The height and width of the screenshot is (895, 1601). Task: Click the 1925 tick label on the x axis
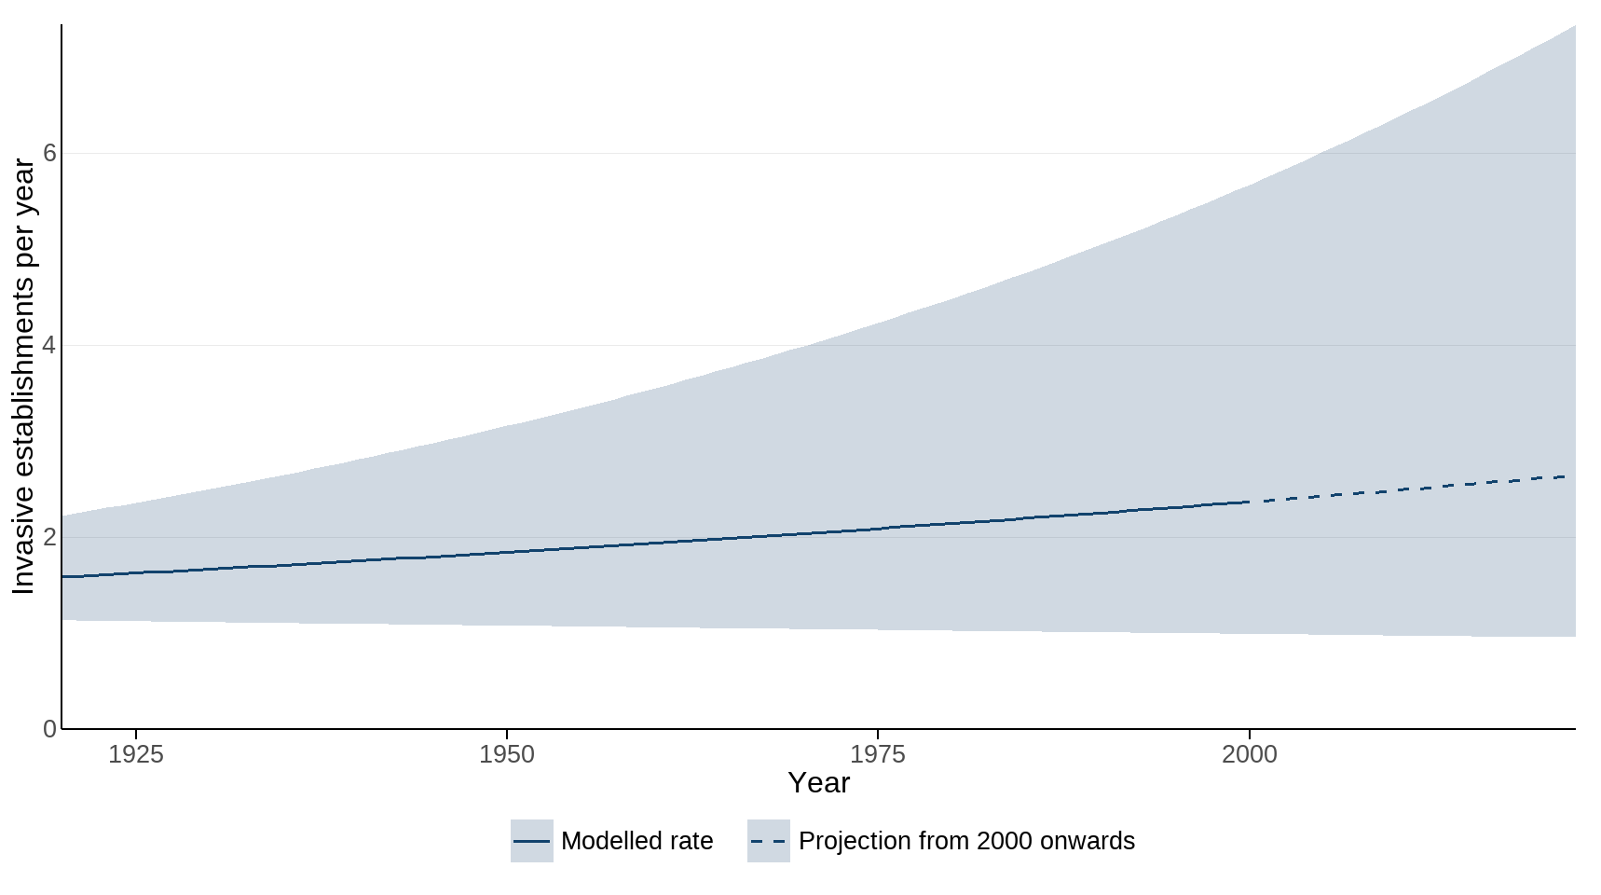coord(136,754)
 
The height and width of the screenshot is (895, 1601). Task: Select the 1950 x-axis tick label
coord(507,754)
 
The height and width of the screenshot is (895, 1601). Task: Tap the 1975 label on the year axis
coord(878,754)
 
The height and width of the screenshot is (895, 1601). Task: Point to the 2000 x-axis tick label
coord(1249,754)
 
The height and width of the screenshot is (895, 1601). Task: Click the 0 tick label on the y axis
coord(49,729)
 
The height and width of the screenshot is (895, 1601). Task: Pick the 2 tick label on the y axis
coord(49,537)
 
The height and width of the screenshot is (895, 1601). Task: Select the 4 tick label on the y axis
coord(49,345)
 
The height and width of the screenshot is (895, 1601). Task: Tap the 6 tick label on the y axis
coord(49,153)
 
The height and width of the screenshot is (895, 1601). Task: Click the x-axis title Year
coord(818,783)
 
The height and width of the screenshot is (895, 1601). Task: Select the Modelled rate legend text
coord(636,841)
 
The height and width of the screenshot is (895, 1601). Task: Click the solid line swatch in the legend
coord(531,841)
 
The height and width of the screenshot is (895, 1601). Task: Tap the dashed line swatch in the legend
coord(768,841)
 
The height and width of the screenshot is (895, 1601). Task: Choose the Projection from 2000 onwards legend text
coord(966,841)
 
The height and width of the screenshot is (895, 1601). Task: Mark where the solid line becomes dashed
coord(1249,503)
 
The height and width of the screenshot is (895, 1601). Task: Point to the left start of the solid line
coord(63,577)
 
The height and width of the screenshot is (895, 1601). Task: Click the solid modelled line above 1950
coord(507,552)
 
